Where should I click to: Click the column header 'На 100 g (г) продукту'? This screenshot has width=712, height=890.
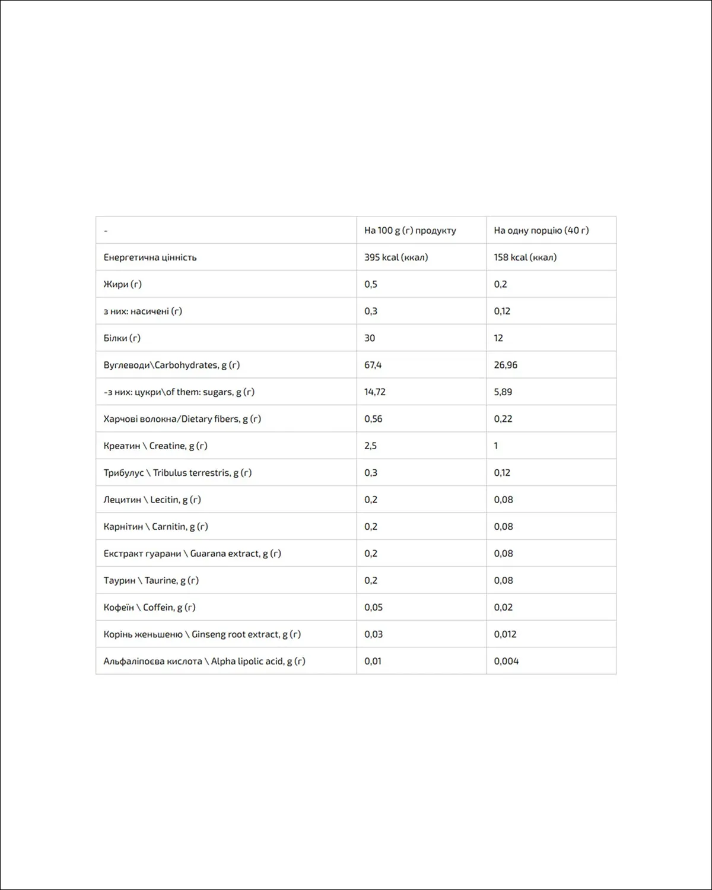pos(410,230)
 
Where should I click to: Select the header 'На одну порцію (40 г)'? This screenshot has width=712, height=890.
pos(541,230)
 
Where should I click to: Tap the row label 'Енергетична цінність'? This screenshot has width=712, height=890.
pos(150,258)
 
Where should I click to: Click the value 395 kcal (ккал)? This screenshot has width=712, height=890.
pos(396,258)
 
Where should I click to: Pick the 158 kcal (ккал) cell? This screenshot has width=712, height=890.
pos(525,258)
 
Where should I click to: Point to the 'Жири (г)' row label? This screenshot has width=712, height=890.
pos(123,284)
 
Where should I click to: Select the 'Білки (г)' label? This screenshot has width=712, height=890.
pos(122,338)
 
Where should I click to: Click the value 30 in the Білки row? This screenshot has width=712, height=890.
pos(370,338)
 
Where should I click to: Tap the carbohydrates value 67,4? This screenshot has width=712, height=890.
pos(373,365)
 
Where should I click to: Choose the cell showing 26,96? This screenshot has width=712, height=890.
pos(506,365)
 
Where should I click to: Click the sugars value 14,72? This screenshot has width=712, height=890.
pos(375,392)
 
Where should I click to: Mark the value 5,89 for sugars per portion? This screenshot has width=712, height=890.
pos(503,392)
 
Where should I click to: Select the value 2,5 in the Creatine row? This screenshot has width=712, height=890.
pos(370,446)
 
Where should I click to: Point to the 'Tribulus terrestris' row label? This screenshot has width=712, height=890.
pos(191,473)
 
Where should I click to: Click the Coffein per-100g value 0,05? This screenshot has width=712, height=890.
pos(373,608)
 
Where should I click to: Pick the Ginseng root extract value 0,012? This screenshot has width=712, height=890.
pos(505,634)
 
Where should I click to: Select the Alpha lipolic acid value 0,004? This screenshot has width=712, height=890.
pos(506,661)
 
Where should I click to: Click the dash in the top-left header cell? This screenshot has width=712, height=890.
pos(106,231)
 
